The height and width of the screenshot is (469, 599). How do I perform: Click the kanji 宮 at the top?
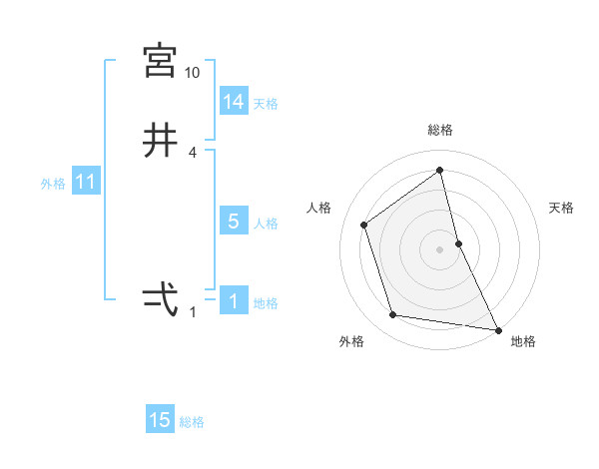161,62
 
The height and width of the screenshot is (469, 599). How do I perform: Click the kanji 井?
161,141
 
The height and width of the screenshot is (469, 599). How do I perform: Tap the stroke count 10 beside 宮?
193,73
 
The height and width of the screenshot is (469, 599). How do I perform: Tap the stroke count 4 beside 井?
193,152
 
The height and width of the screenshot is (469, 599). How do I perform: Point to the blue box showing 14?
234,102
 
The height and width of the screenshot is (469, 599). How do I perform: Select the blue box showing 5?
234,222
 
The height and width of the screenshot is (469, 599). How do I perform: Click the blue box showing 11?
86,182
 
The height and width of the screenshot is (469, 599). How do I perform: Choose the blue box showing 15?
160,420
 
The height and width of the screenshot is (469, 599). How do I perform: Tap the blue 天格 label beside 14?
266,104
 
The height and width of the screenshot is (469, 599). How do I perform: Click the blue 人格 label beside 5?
266,224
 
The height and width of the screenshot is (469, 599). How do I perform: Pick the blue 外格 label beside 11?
53,184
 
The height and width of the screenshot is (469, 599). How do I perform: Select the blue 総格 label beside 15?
192,422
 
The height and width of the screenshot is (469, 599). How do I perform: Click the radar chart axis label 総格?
440,130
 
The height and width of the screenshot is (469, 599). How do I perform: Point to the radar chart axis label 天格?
562,208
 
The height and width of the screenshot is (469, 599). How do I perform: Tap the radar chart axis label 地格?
523,341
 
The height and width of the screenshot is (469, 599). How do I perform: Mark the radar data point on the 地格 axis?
497,329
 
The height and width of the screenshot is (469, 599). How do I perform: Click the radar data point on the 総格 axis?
440,171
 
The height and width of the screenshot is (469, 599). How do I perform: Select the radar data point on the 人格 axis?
364,225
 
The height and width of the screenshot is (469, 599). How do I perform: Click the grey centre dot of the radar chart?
440,248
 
